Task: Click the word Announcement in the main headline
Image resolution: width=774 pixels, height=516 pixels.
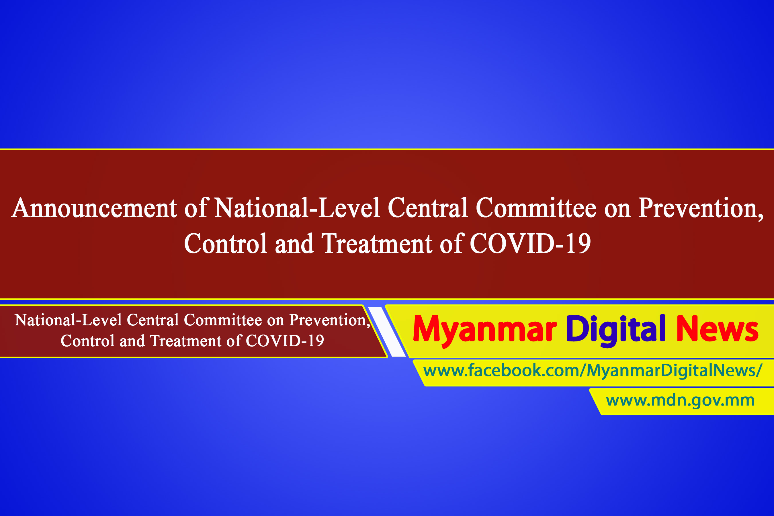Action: (94, 208)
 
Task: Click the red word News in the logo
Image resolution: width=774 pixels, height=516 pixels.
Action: (718, 329)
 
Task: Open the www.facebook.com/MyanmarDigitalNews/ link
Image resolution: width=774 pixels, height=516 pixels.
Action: (593, 371)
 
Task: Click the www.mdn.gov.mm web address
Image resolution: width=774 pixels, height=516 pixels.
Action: (680, 400)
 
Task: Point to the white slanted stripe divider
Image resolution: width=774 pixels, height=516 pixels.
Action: (387, 332)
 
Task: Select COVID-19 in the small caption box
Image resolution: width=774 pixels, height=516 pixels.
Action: (285, 341)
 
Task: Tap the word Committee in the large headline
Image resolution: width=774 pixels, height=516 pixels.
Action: (536, 208)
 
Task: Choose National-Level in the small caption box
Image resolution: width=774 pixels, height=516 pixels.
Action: (69, 320)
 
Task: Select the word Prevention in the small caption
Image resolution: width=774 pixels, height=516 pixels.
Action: (329, 320)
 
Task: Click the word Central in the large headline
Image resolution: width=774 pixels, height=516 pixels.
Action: (428, 208)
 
